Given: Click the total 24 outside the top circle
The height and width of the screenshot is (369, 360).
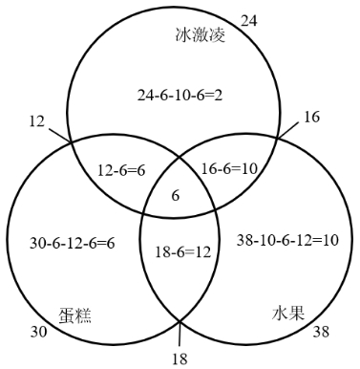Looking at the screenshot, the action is [248, 20].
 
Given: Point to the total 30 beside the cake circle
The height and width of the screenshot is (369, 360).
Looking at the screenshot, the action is [38, 332].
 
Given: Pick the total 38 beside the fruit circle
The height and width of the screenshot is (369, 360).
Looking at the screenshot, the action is [322, 332].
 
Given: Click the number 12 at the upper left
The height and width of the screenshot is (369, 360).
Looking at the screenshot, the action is [37, 121].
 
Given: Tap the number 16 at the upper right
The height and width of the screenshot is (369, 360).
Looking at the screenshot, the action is [312, 117].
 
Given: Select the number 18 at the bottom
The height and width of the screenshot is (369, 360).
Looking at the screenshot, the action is [179, 359].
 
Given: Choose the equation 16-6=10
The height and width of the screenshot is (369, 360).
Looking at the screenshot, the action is [233, 169].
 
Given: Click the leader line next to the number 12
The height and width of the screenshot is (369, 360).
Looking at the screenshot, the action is [60, 135].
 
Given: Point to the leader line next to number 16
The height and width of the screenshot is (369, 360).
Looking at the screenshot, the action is [288, 127].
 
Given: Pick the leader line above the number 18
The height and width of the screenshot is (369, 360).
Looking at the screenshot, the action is [180, 336].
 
